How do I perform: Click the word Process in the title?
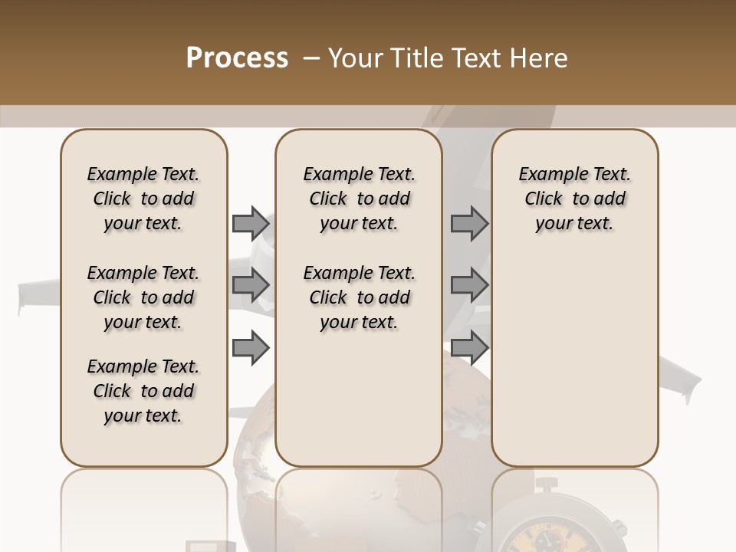point(237,58)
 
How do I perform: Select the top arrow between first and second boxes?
point(251,223)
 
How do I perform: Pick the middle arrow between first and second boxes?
point(251,285)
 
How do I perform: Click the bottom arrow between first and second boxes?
point(251,347)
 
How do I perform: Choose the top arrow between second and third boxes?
point(469,223)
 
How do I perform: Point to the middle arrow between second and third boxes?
point(469,285)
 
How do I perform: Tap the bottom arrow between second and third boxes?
point(469,347)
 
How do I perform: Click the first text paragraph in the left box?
point(143,199)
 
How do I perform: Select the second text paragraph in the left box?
point(143,297)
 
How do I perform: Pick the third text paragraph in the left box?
point(143,391)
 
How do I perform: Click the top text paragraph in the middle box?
point(359,199)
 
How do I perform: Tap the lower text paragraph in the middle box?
point(359,297)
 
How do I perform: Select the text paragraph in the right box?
point(575,199)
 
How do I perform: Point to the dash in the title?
point(311,59)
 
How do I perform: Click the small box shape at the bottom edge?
point(202,545)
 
